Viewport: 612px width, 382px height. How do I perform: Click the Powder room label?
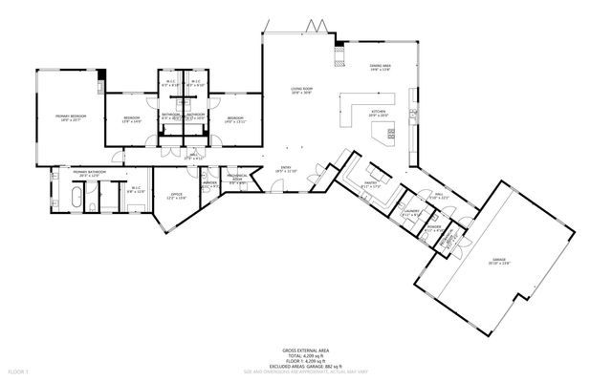[435, 229]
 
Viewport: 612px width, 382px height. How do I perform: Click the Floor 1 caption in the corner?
[19, 371]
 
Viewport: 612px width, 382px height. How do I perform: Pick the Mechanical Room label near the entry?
[238, 179]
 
